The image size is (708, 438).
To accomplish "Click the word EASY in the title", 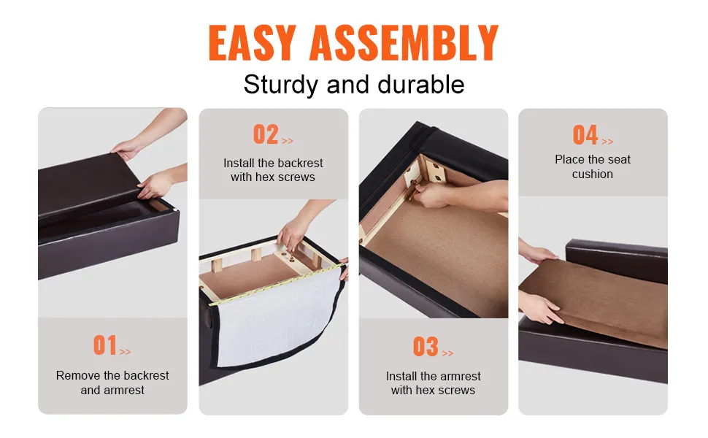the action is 253,42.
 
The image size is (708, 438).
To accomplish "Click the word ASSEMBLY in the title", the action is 404,42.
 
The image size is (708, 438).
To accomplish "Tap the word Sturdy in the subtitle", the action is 280,85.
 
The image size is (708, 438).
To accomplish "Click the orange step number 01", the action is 105,345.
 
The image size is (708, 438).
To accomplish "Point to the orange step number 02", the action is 266,134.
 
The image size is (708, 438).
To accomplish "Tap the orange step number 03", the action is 426,347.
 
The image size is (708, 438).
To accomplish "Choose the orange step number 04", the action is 585,135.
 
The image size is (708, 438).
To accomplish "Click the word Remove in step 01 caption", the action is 78,375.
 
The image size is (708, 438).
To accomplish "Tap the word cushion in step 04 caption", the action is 593,174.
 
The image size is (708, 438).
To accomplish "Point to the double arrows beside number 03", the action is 447,353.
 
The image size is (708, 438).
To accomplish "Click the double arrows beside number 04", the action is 607,142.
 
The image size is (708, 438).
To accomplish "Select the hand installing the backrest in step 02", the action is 291,233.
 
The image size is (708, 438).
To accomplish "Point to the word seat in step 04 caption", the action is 619,159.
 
